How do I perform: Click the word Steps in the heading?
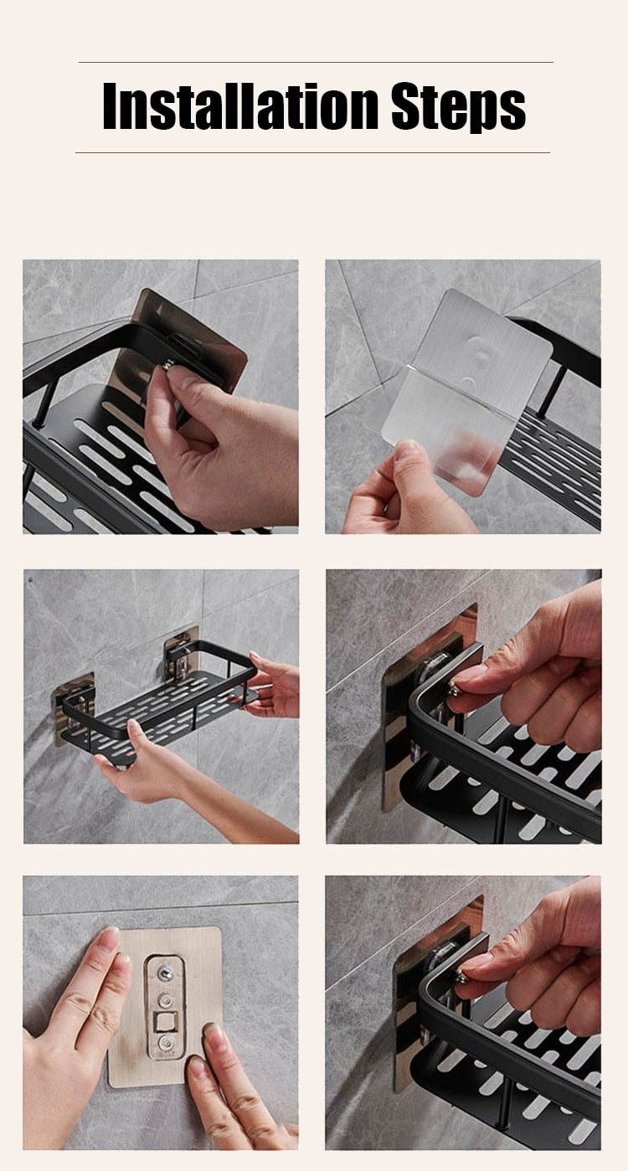(x=458, y=107)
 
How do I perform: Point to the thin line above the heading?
(x=315, y=63)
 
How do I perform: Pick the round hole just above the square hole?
(x=166, y=1000)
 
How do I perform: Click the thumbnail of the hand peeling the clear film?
(x=462, y=396)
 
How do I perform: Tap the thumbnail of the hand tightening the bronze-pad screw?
(x=160, y=396)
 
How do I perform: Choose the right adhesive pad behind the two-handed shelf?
(x=182, y=653)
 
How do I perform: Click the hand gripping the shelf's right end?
(x=273, y=686)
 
